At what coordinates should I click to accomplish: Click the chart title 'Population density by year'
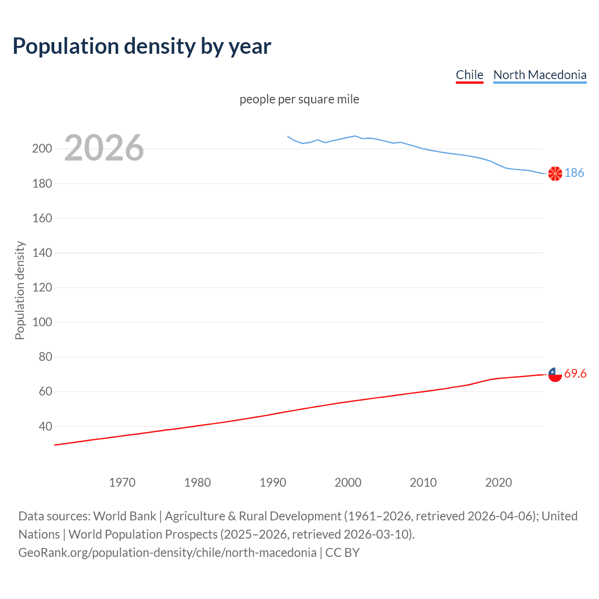(142, 46)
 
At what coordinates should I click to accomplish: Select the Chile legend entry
(469, 75)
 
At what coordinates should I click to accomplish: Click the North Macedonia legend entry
(540, 75)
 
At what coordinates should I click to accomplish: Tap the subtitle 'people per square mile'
(299, 100)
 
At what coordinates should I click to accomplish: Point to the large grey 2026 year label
(104, 148)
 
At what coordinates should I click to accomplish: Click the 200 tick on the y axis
(42, 149)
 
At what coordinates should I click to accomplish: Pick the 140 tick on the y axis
(42, 253)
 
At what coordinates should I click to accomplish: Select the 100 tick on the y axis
(42, 322)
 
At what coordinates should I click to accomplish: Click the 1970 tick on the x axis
(122, 482)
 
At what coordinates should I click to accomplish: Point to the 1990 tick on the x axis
(273, 482)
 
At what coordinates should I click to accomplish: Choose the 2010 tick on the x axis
(423, 482)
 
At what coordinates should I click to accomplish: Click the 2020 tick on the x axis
(498, 482)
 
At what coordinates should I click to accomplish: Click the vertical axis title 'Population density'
(20, 290)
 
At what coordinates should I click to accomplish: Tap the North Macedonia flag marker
(555, 174)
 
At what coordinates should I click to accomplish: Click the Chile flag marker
(555, 374)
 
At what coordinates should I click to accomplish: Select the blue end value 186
(574, 173)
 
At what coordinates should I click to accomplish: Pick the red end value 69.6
(575, 373)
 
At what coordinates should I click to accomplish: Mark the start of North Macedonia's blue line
(288, 137)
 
